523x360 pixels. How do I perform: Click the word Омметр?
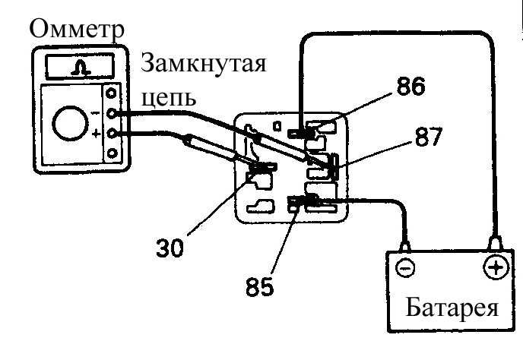77,29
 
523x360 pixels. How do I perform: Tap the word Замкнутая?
204,63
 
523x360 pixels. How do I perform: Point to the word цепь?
168,97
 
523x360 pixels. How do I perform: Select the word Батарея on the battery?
452,308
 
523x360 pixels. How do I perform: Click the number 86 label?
411,86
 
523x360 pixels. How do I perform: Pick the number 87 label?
429,137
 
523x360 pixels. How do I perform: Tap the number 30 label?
170,248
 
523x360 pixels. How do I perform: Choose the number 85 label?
260,286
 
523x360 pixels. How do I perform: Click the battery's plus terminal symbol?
496,267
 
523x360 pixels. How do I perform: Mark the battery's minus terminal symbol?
406,268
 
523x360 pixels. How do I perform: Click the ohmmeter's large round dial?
71,123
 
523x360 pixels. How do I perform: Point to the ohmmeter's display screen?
80,66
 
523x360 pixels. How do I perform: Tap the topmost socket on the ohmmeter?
111,93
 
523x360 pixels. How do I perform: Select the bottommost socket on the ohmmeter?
113,153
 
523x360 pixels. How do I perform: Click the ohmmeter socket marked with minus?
112,113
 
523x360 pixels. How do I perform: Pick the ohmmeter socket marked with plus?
112,134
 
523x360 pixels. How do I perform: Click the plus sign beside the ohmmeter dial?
96,134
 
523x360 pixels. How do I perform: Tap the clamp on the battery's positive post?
495,243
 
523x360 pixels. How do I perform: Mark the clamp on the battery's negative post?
405,247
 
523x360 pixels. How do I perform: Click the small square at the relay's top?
277,126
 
